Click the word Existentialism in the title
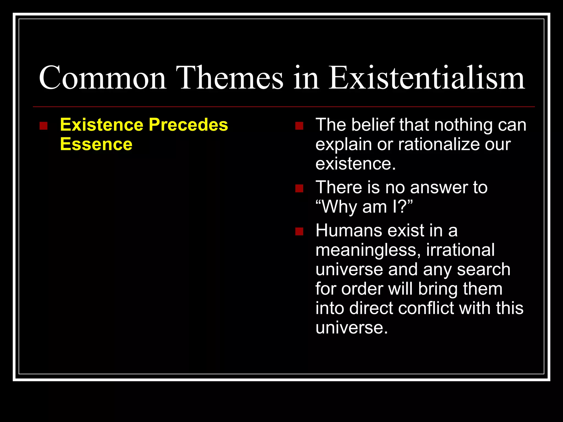[427, 78]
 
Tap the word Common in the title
[103, 78]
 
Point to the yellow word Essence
[96, 144]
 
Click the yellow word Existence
[102, 125]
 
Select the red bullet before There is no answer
[299, 188]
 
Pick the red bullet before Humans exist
[299, 231]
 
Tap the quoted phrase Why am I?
[364, 207]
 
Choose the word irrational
[460, 250]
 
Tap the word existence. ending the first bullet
[355, 164]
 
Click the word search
[484, 270]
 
